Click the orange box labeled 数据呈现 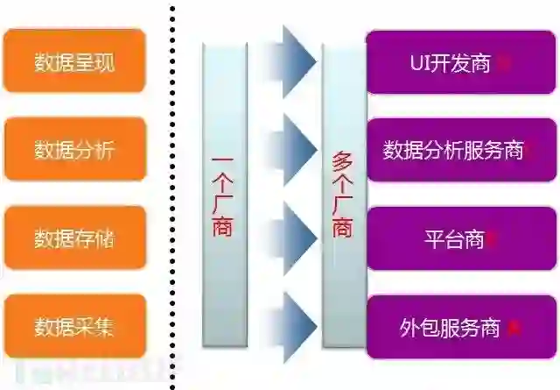coord(73,62)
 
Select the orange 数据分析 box coord(73,150)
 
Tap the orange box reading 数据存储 coord(73,238)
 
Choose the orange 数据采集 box coord(73,327)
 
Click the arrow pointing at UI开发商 coord(293,57)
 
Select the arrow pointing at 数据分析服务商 coord(293,145)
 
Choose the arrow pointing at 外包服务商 coord(293,326)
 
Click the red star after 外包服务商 coord(514,328)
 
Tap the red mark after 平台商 coord(491,238)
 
